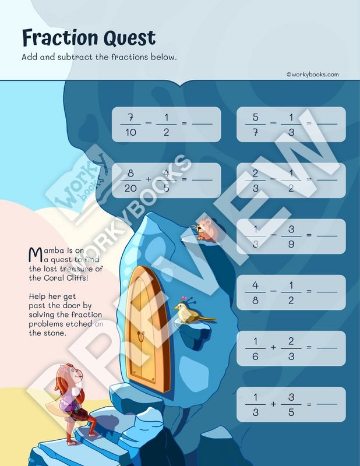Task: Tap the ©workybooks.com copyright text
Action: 312,74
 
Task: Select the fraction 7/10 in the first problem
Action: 130,125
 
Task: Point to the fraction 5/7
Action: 255,125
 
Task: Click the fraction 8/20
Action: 130,181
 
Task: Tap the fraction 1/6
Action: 255,348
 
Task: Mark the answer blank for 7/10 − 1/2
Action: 202,125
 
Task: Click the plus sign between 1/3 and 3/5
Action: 273,404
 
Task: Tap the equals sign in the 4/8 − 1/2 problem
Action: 309,292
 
